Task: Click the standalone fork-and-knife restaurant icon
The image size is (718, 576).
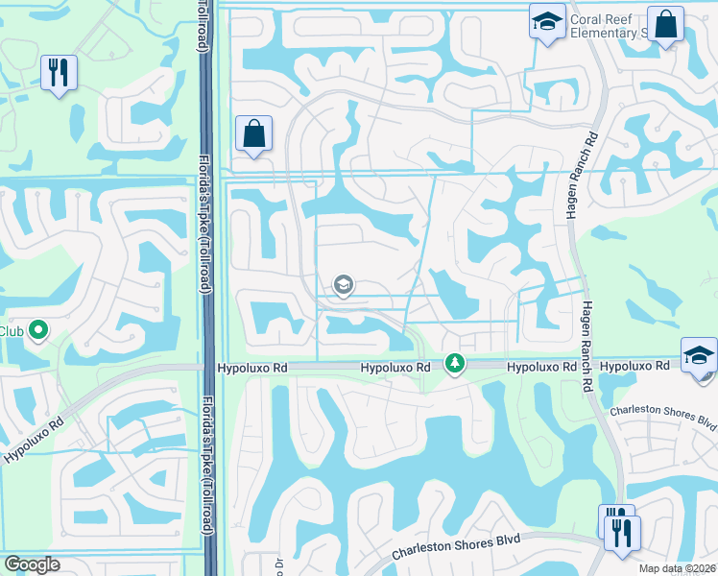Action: point(60,73)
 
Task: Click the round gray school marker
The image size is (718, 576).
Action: point(343,284)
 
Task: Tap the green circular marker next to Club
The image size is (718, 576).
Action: point(38,331)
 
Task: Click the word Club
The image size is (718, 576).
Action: point(11,331)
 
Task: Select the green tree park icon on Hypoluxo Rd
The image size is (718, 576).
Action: point(455,364)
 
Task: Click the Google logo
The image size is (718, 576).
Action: point(32,564)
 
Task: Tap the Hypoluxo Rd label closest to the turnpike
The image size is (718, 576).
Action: point(252,368)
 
